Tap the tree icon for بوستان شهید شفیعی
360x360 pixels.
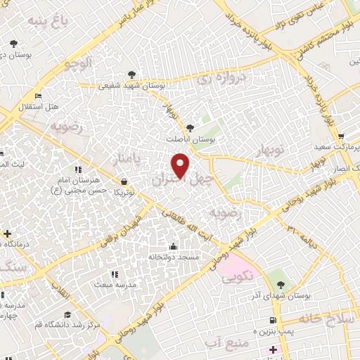pos(131,75)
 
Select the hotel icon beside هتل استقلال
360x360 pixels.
pos(38,96)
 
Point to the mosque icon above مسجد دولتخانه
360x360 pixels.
pos(174,246)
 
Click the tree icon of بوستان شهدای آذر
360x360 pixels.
pos(281,285)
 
